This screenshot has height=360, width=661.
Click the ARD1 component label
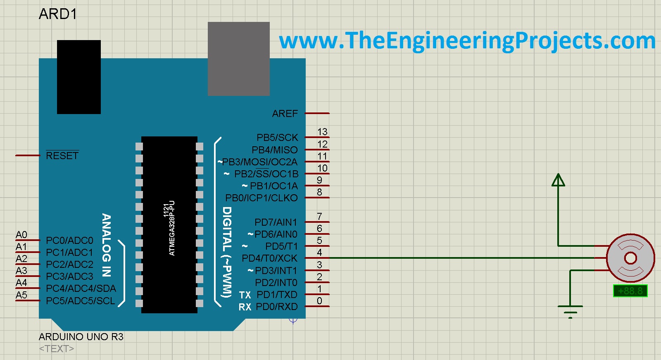click(x=58, y=14)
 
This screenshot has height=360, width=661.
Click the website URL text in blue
click(x=467, y=41)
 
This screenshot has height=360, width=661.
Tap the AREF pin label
click(x=285, y=114)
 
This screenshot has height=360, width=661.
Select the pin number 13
click(x=322, y=132)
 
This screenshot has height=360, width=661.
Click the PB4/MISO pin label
click(x=274, y=150)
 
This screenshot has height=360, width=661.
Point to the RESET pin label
click(x=62, y=156)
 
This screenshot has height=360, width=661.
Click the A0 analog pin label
click(x=21, y=235)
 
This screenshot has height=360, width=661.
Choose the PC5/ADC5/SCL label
click(x=81, y=301)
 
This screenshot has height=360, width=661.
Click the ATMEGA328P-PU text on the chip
click(x=172, y=228)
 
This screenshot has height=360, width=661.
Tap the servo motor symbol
click(x=630, y=258)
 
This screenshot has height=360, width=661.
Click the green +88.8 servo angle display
click(x=630, y=291)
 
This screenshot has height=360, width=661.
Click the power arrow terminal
click(x=558, y=180)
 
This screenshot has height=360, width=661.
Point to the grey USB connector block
click(x=238, y=59)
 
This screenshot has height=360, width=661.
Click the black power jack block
click(x=78, y=77)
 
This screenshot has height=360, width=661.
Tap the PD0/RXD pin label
click(x=276, y=307)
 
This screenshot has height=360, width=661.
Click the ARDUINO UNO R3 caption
click(x=81, y=337)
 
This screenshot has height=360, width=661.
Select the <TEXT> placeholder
click(x=57, y=349)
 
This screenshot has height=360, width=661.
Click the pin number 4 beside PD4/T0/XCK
click(x=319, y=253)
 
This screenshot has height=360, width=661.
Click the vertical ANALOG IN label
click(x=107, y=245)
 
